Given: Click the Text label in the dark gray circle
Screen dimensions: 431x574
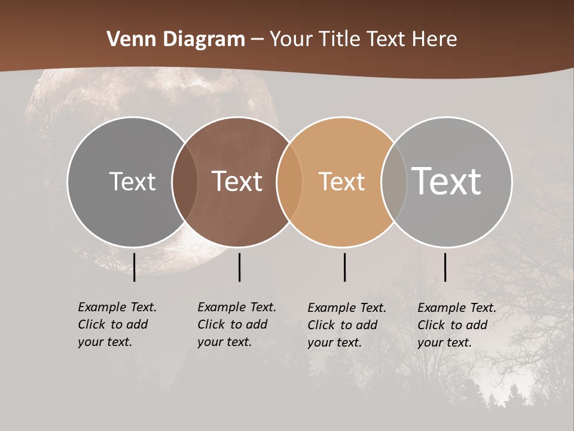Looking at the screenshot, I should point(132,181).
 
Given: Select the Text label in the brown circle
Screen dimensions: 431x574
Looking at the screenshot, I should point(237,181).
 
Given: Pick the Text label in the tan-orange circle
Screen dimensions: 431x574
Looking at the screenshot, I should point(341,181).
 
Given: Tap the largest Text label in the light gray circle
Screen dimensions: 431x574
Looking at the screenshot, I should point(447,181).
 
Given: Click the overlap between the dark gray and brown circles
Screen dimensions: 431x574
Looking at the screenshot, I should point(185,181).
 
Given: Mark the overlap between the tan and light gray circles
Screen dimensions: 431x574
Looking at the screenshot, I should point(394,181).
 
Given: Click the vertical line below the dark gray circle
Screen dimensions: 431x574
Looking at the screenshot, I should point(135,267).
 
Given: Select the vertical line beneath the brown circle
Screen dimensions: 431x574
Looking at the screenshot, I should point(239,267).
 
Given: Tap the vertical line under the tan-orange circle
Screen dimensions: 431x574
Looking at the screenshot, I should point(345,267).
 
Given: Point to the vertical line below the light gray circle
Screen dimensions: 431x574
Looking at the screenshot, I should point(445,267).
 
